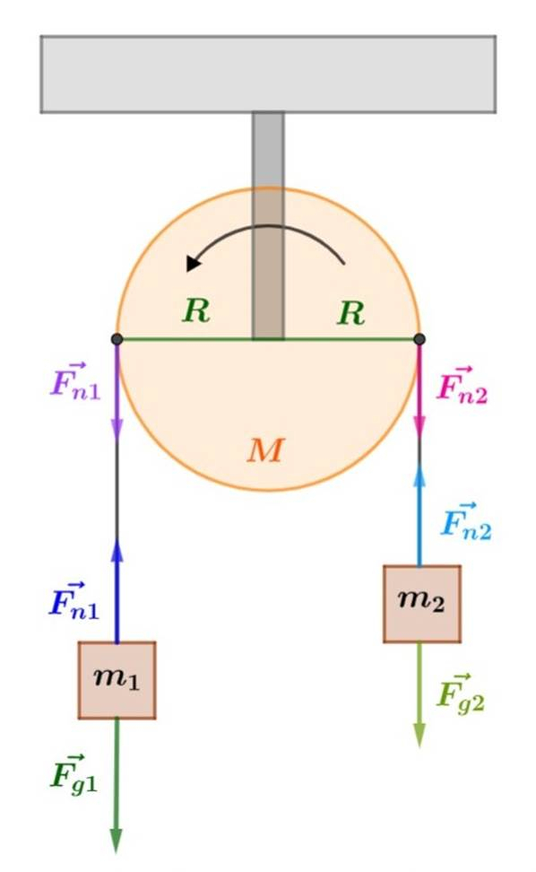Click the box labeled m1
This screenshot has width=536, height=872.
pos(117,680)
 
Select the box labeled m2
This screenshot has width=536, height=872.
pos(421,604)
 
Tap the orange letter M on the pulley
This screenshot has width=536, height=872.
pos(266,449)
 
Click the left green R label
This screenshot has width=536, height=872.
pos(196,310)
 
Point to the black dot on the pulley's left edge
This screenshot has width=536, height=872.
pos(117,339)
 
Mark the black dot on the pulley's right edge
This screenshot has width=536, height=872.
pos(419,339)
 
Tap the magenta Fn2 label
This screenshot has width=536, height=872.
pos(463,385)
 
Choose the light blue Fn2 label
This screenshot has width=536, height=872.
pos(466,521)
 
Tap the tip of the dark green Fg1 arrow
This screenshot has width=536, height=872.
pos(116,851)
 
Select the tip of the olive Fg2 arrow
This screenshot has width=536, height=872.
pos(419,747)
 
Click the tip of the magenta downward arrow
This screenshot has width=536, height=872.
pos(419,438)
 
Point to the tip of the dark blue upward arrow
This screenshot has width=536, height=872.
pos(117,539)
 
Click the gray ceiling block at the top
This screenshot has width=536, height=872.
pos(268,74)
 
